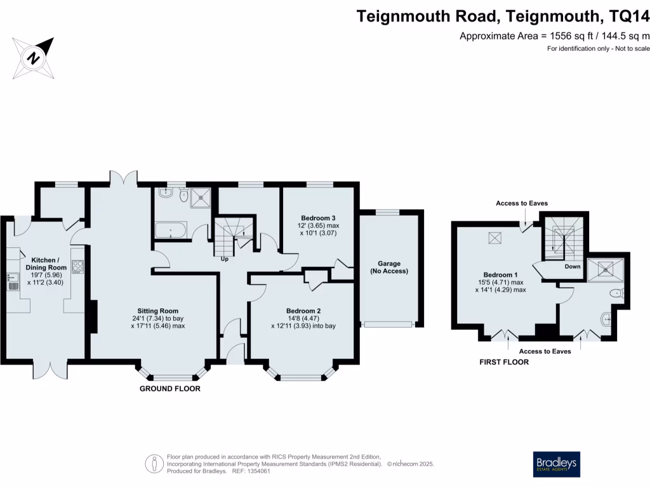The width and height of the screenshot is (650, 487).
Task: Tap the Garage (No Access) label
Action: [389, 267]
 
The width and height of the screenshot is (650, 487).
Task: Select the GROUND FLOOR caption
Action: [169, 389]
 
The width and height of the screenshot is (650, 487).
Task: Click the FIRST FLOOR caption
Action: [503, 363]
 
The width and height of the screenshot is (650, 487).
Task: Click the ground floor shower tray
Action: [201, 197]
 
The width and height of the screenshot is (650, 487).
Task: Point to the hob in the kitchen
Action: [78, 267]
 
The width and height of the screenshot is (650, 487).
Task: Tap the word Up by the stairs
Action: [224, 259]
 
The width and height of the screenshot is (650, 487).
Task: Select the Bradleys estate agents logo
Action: [555, 464]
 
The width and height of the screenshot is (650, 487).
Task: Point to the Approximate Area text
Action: [555, 36]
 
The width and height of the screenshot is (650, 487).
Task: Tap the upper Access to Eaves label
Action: [522, 203]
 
